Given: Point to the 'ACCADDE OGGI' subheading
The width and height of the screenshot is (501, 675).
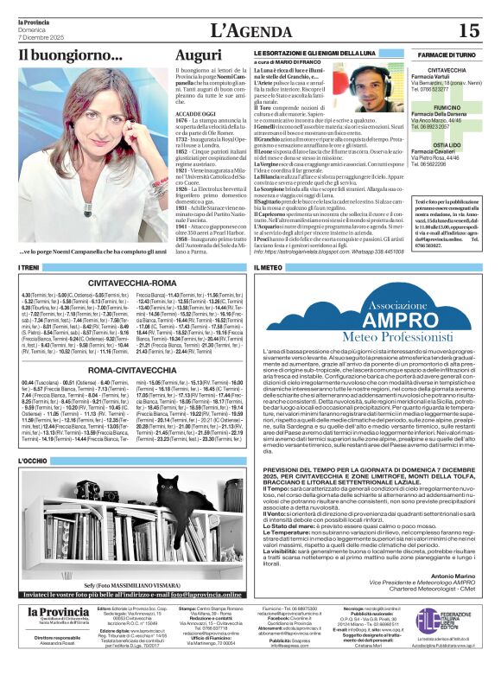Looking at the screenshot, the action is point(197,113).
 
